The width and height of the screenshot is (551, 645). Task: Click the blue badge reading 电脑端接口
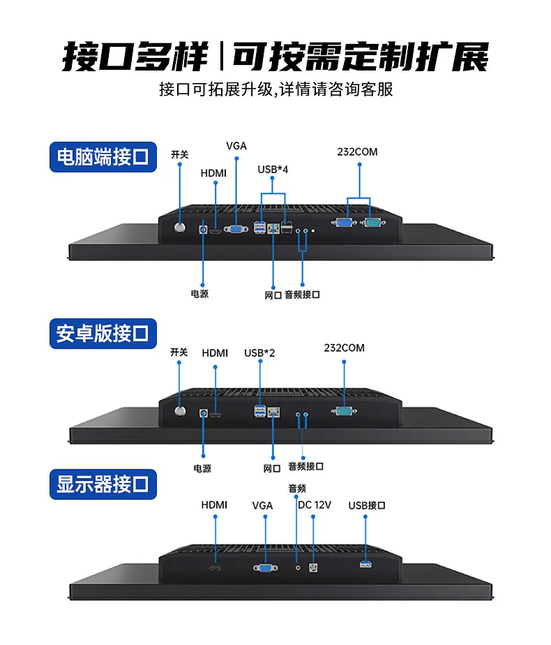pos(103,157)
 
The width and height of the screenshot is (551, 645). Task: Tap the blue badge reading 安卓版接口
pos(103,334)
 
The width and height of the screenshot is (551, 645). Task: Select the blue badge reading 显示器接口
pos(103,484)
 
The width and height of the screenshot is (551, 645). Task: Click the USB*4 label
pos(273,170)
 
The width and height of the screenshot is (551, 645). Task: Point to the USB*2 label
pos(259,353)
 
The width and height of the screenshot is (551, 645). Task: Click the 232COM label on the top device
pos(358,151)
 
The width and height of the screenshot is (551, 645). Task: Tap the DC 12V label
pos(315,505)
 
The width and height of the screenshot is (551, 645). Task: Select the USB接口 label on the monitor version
pos(367,505)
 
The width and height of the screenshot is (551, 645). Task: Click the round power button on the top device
pos(180,228)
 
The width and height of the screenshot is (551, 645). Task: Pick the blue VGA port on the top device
pos(236,229)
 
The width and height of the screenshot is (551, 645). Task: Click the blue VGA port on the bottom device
pos(266,568)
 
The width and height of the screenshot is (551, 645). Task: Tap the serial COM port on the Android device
pos(344,411)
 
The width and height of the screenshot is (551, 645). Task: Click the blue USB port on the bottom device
pos(365,564)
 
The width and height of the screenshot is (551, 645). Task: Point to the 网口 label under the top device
pos(273,295)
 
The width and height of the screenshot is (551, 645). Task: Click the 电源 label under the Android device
pos(202,468)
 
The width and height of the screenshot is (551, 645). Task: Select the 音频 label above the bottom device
pos(297,488)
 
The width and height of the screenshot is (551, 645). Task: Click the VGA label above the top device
pos(236,146)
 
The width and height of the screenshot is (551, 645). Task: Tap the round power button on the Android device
pos(180,411)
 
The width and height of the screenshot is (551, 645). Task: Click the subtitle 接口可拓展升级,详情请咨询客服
pos(276,89)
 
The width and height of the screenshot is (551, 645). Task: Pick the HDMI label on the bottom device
pos(214,505)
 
